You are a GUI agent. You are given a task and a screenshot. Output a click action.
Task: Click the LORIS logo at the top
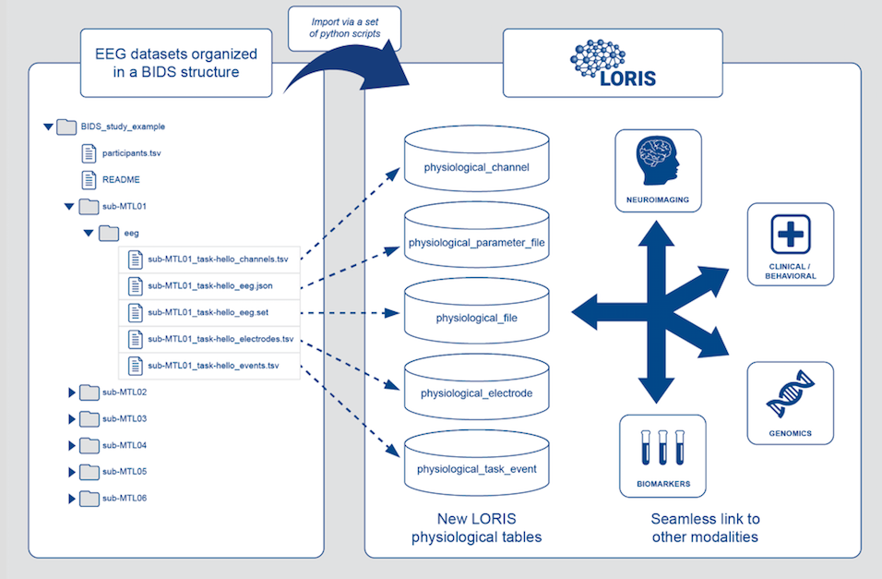pos(613,63)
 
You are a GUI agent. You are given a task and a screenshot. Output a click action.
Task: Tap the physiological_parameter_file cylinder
pos(475,242)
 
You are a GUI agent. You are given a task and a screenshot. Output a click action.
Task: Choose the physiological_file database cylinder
pos(476,318)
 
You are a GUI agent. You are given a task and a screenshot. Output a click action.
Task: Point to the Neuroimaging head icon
pos(659,161)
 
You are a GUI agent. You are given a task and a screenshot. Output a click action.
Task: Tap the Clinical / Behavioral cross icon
pos(790,234)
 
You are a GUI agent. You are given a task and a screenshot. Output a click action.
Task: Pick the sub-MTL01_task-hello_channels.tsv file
pos(218,259)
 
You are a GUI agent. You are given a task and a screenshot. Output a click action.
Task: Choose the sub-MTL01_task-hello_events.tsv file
pos(212,366)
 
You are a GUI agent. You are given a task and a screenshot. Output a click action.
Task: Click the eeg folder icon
pos(108,233)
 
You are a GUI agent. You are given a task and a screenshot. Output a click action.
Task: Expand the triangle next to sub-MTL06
pos(72,499)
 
